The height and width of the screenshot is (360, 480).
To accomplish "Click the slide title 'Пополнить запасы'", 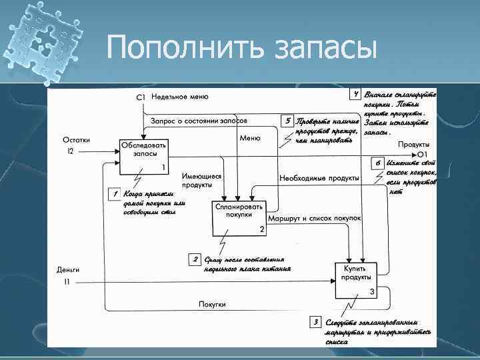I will click(241, 47).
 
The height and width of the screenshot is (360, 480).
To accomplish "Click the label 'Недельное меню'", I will click(180, 97).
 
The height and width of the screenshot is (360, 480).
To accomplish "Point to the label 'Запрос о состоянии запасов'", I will click(199, 121).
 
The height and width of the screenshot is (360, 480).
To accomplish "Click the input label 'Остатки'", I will click(77, 140).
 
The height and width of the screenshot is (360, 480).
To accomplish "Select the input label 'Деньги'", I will click(68, 270).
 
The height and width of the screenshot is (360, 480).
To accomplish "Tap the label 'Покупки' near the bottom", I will click(211, 304).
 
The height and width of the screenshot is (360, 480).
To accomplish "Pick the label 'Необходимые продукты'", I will click(319, 179).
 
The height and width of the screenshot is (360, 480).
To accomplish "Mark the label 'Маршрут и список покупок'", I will click(314, 219).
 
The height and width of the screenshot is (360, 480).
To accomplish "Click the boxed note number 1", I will click(115, 194).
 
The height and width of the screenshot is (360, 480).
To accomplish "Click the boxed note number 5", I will click(287, 121).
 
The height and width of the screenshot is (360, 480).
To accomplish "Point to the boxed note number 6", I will click(377, 162).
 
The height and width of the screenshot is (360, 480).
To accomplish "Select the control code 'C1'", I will click(141, 98).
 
